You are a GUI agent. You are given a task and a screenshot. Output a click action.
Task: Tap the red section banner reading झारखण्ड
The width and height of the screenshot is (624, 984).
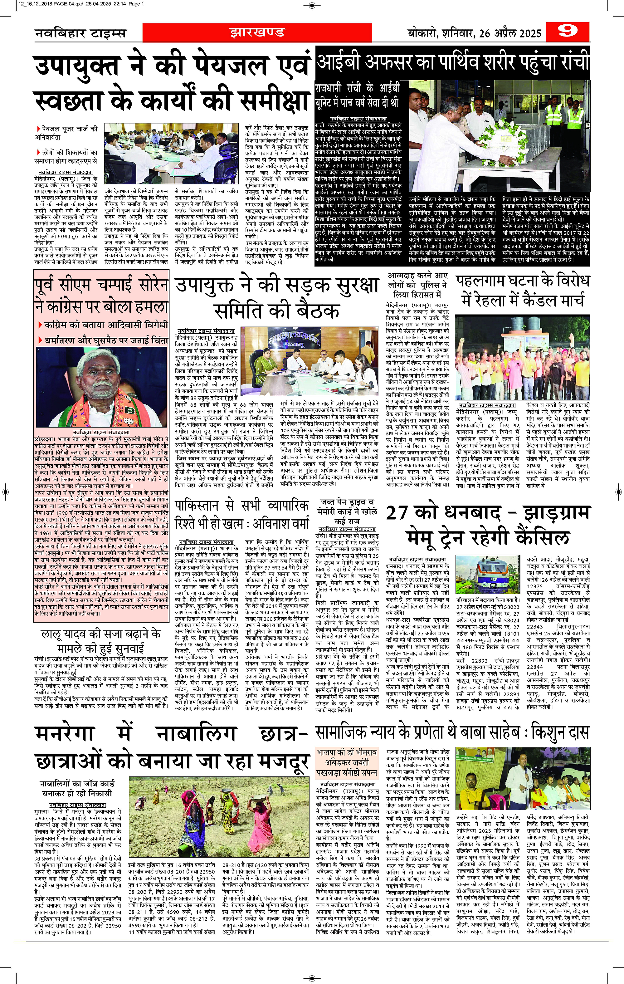[257, 32]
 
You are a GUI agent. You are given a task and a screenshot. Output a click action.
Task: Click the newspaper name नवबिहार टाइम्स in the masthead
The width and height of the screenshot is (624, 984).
[80, 33]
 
